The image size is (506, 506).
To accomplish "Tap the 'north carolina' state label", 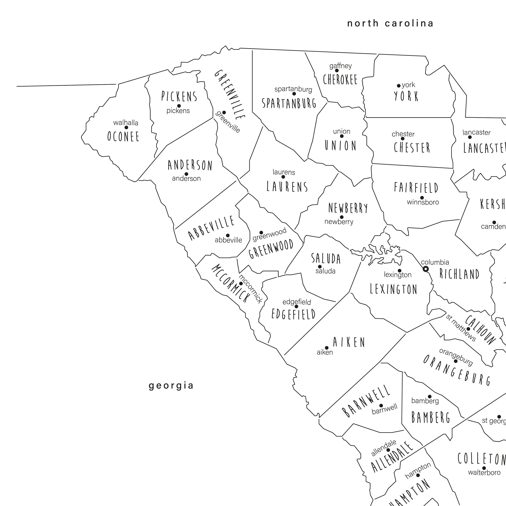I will tap(390, 24).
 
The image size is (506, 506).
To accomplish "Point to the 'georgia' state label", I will tap(171, 386).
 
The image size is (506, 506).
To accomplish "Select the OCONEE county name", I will tap(123, 136).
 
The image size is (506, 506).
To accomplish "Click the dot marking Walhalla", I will tap(126, 128).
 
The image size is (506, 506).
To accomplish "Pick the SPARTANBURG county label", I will tap(289, 103).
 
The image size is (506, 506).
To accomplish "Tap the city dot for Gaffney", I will tap(337, 71).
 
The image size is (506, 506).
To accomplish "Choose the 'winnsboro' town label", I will tap(423, 202).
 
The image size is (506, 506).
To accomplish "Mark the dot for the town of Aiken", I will tap(327, 348).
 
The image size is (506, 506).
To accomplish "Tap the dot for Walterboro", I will tap(484, 468).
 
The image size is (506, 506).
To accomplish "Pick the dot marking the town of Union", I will tap(342, 136).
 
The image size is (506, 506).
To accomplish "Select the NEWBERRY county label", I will tap(348, 208).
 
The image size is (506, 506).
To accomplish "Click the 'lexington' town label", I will tap(398, 275).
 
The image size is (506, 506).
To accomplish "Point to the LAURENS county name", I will tap(287, 187).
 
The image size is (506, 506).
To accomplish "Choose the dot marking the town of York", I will tap(399, 86).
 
